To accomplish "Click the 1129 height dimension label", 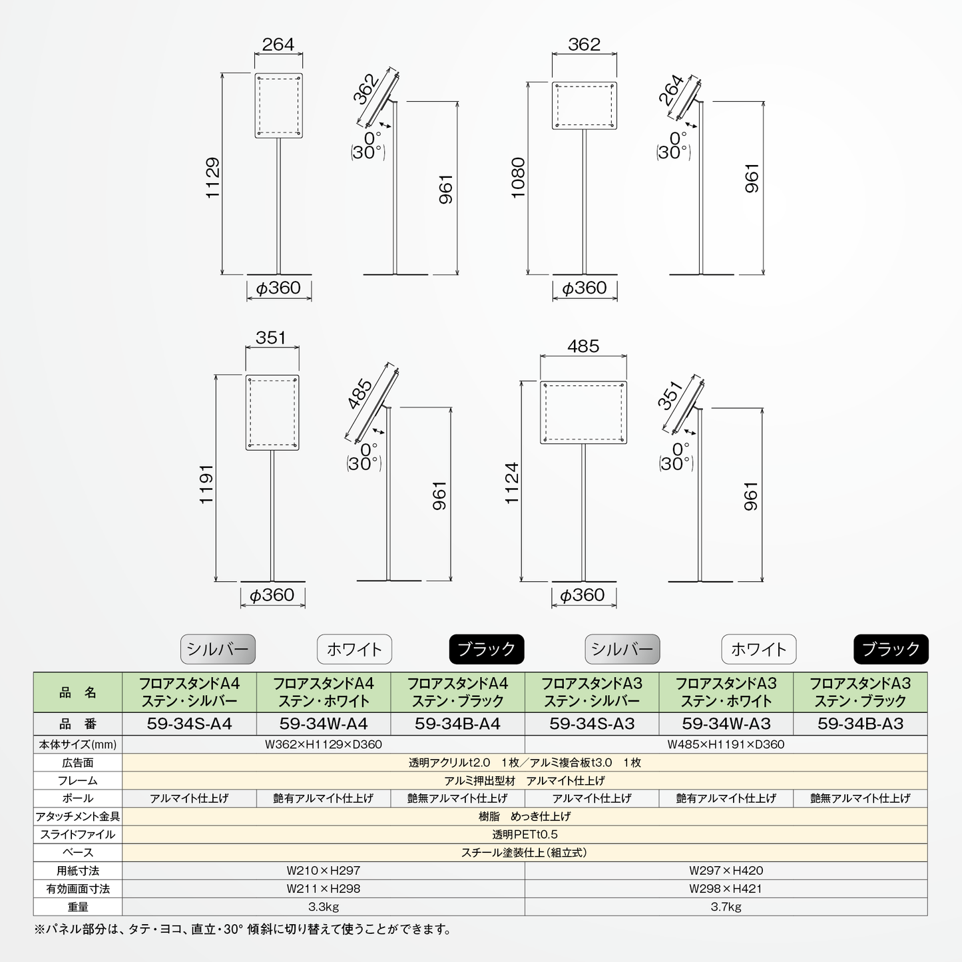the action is [x=212, y=178].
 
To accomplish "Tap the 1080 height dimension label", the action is [x=518, y=178].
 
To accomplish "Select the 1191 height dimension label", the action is [x=206, y=484].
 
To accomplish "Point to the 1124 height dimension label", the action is [x=512, y=483].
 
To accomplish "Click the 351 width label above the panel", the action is [x=271, y=338].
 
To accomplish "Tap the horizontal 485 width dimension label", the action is [x=583, y=346].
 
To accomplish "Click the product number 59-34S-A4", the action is [x=189, y=724].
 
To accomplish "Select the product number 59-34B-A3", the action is [x=860, y=724].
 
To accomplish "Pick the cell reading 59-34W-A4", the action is [x=324, y=724].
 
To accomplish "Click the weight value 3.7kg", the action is [x=726, y=907].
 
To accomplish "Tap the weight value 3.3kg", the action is [x=324, y=907].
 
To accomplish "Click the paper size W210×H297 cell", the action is [x=324, y=871].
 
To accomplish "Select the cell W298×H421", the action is [x=726, y=889].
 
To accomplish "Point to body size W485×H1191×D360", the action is [x=726, y=744].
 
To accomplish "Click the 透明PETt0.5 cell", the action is [x=525, y=834].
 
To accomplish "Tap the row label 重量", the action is [x=78, y=907].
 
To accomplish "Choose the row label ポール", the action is [x=78, y=798].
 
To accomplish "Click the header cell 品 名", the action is [x=78, y=692].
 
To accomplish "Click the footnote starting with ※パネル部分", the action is [x=242, y=929].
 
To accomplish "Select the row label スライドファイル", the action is [x=78, y=834].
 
